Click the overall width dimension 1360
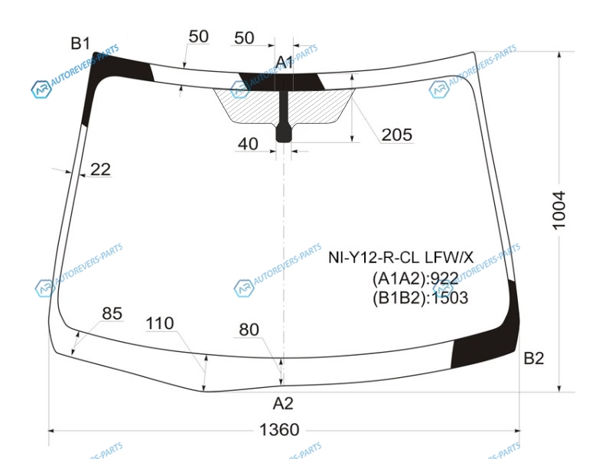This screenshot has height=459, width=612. (279, 430)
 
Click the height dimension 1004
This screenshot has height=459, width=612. (559, 210)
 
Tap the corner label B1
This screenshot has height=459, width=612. (80, 44)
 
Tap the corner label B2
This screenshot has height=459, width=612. (533, 358)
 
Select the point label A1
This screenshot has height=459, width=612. (284, 62)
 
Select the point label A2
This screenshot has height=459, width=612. (283, 403)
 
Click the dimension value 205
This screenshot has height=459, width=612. (396, 135)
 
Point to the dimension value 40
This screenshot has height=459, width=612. (248, 144)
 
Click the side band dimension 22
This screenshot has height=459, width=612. (100, 169)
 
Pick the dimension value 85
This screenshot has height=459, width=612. (112, 313)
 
